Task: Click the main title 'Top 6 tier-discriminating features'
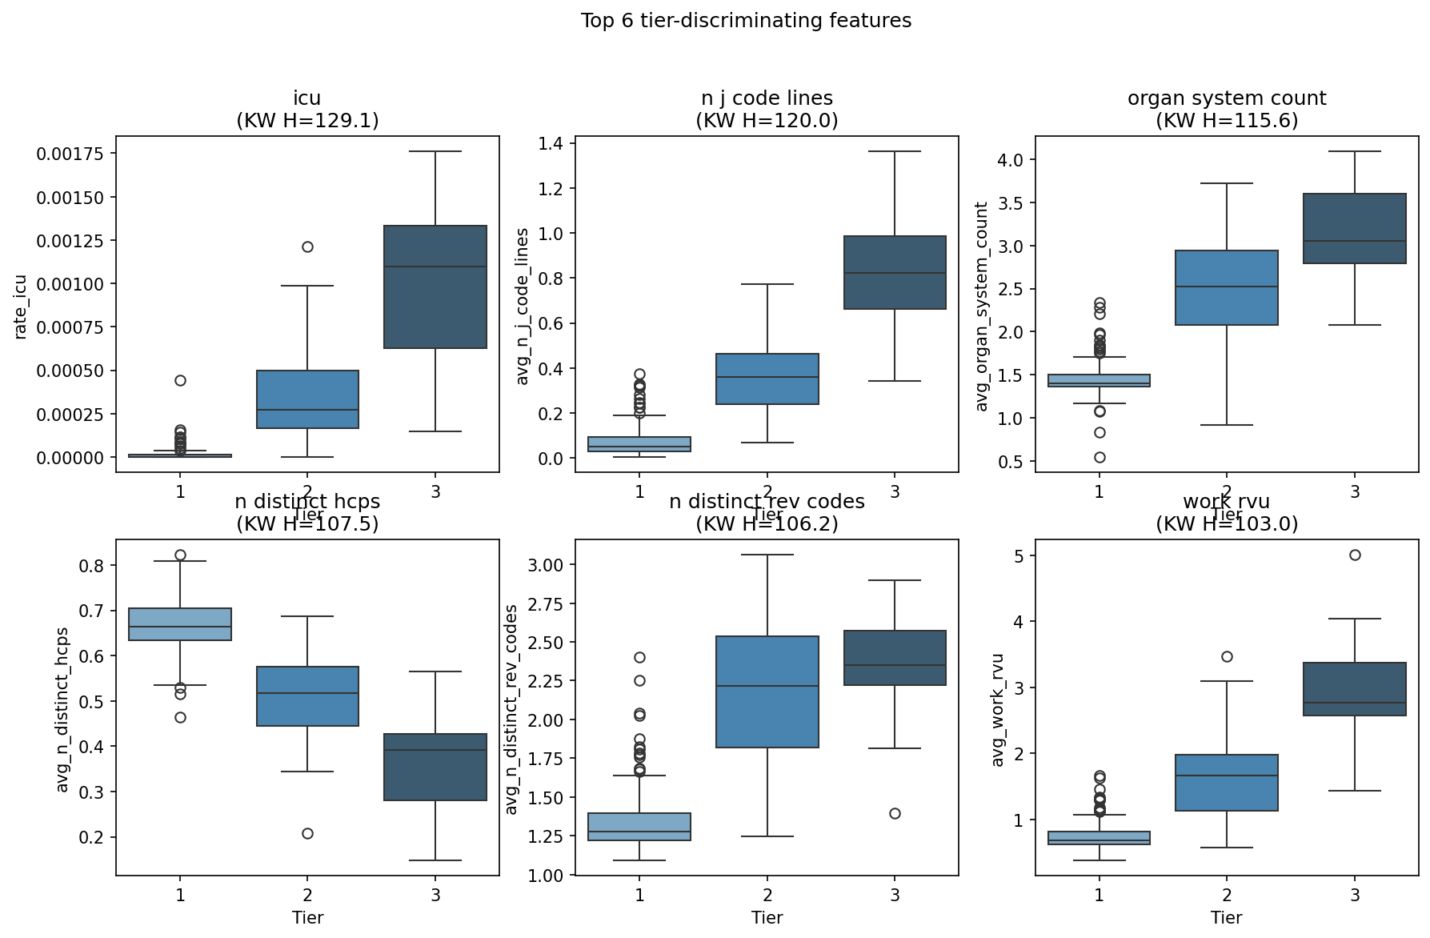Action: click(x=746, y=21)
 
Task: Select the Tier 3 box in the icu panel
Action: click(x=435, y=287)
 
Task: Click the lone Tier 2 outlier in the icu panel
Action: click(x=307, y=247)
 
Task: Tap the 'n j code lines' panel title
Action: click(x=767, y=98)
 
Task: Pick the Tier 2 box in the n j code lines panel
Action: click(x=767, y=379)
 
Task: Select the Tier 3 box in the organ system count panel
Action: click(x=1355, y=228)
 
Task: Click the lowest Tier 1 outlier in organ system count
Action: click(x=1100, y=457)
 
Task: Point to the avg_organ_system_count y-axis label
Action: click(x=982, y=307)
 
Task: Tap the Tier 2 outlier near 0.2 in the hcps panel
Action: click(x=307, y=833)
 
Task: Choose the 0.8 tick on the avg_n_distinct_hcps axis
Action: click(x=94, y=565)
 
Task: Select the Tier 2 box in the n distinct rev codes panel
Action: click(x=767, y=691)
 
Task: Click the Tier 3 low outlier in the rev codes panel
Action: click(x=895, y=813)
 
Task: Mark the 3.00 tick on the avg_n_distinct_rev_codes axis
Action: click(x=547, y=564)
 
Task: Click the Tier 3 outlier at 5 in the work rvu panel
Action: click(x=1355, y=555)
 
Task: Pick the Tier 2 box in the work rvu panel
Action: click(x=1227, y=783)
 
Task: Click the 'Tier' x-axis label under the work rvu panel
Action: click(x=1226, y=917)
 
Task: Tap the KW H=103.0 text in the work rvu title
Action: click(x=1227, y=524)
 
